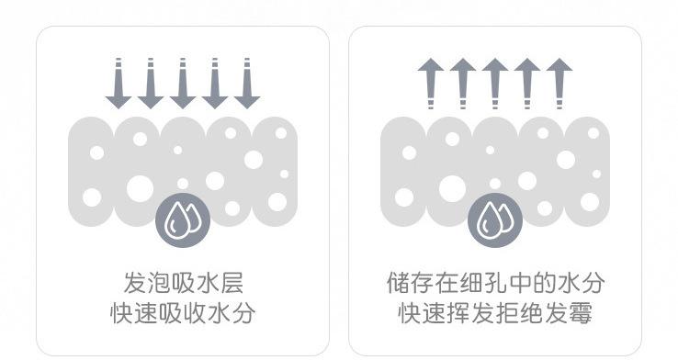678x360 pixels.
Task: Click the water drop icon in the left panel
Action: pyautogui.click(x=183, y=220)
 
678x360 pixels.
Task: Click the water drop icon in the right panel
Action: pyautogui.click(x=494, y=220)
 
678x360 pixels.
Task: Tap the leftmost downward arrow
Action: pyautogui.click(x=118, y=84)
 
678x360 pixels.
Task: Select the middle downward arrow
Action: pyautogui.click(x=183, y=84)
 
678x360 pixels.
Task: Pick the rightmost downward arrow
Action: pyautogui.click(x=247, y=84)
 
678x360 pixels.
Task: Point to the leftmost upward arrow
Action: pyautogui.click(x=430, y=84)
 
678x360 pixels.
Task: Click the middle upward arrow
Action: pyautogui.click(x=494, y=84)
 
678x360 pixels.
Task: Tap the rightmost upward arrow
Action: pyautogui.click(x=559, y=84)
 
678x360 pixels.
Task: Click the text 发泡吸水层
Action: pyautogui.click(x=183, y=283)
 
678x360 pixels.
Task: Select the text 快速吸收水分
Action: pyautogui.click(x=183, y=312)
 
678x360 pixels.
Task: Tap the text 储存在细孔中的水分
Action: pyautogui.click(x=495, y=283)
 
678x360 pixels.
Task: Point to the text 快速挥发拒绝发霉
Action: pyautogui.click(x=495, y=312)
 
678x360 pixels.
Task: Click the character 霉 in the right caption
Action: pyautogui.click(x=581, y=312)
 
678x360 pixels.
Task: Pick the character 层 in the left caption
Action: pyautogui.click(x=232, y=283)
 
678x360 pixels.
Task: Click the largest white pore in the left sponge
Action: pyautogui.click(x=140, y=188)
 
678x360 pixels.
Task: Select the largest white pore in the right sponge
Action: pyautogui.click(x=452, y=188)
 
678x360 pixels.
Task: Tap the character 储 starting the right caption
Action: pyautogui.click(x=398, y=283)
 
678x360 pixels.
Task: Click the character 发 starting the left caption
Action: pyautogui.click(x=135, y=283)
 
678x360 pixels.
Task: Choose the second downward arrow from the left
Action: pyautogui.click(x=151, y=84)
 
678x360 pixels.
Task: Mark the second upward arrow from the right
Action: pyautogui.click(x=527, y=84)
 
